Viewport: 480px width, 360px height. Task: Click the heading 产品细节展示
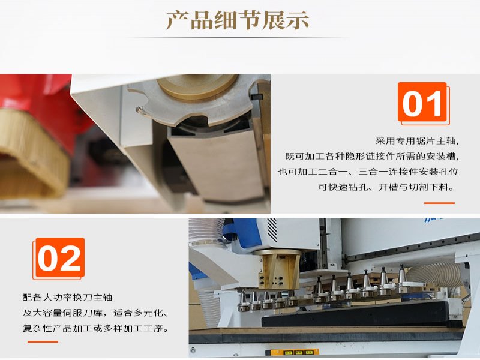coord(238,20)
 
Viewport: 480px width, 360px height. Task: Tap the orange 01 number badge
coord(422,103)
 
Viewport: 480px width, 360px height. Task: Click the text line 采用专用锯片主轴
coord(417,141)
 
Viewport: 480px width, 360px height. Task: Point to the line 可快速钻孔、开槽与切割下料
coord(386,187)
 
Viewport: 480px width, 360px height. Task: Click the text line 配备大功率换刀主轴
coord(67,297)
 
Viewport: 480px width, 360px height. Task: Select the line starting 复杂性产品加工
coord(96,328)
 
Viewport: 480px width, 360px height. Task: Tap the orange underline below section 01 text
coord(439,203)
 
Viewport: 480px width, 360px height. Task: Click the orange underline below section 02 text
coord(43,341)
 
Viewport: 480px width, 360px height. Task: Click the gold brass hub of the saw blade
coord(197,88)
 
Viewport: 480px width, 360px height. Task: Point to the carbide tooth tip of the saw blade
coord(139,109)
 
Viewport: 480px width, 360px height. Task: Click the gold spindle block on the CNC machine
coord(278,269)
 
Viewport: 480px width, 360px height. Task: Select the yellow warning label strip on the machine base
coord(292,352)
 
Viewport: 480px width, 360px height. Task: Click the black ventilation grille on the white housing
coord(272,230)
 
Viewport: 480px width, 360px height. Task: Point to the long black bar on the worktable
coord(361,314)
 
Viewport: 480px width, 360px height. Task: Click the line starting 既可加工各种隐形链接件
coord(372,156)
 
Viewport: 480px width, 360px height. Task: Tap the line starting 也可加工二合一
coord(368,172)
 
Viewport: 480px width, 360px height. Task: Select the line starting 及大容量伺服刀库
coord(95,313)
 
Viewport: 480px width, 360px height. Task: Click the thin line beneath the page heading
coord(238,37)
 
